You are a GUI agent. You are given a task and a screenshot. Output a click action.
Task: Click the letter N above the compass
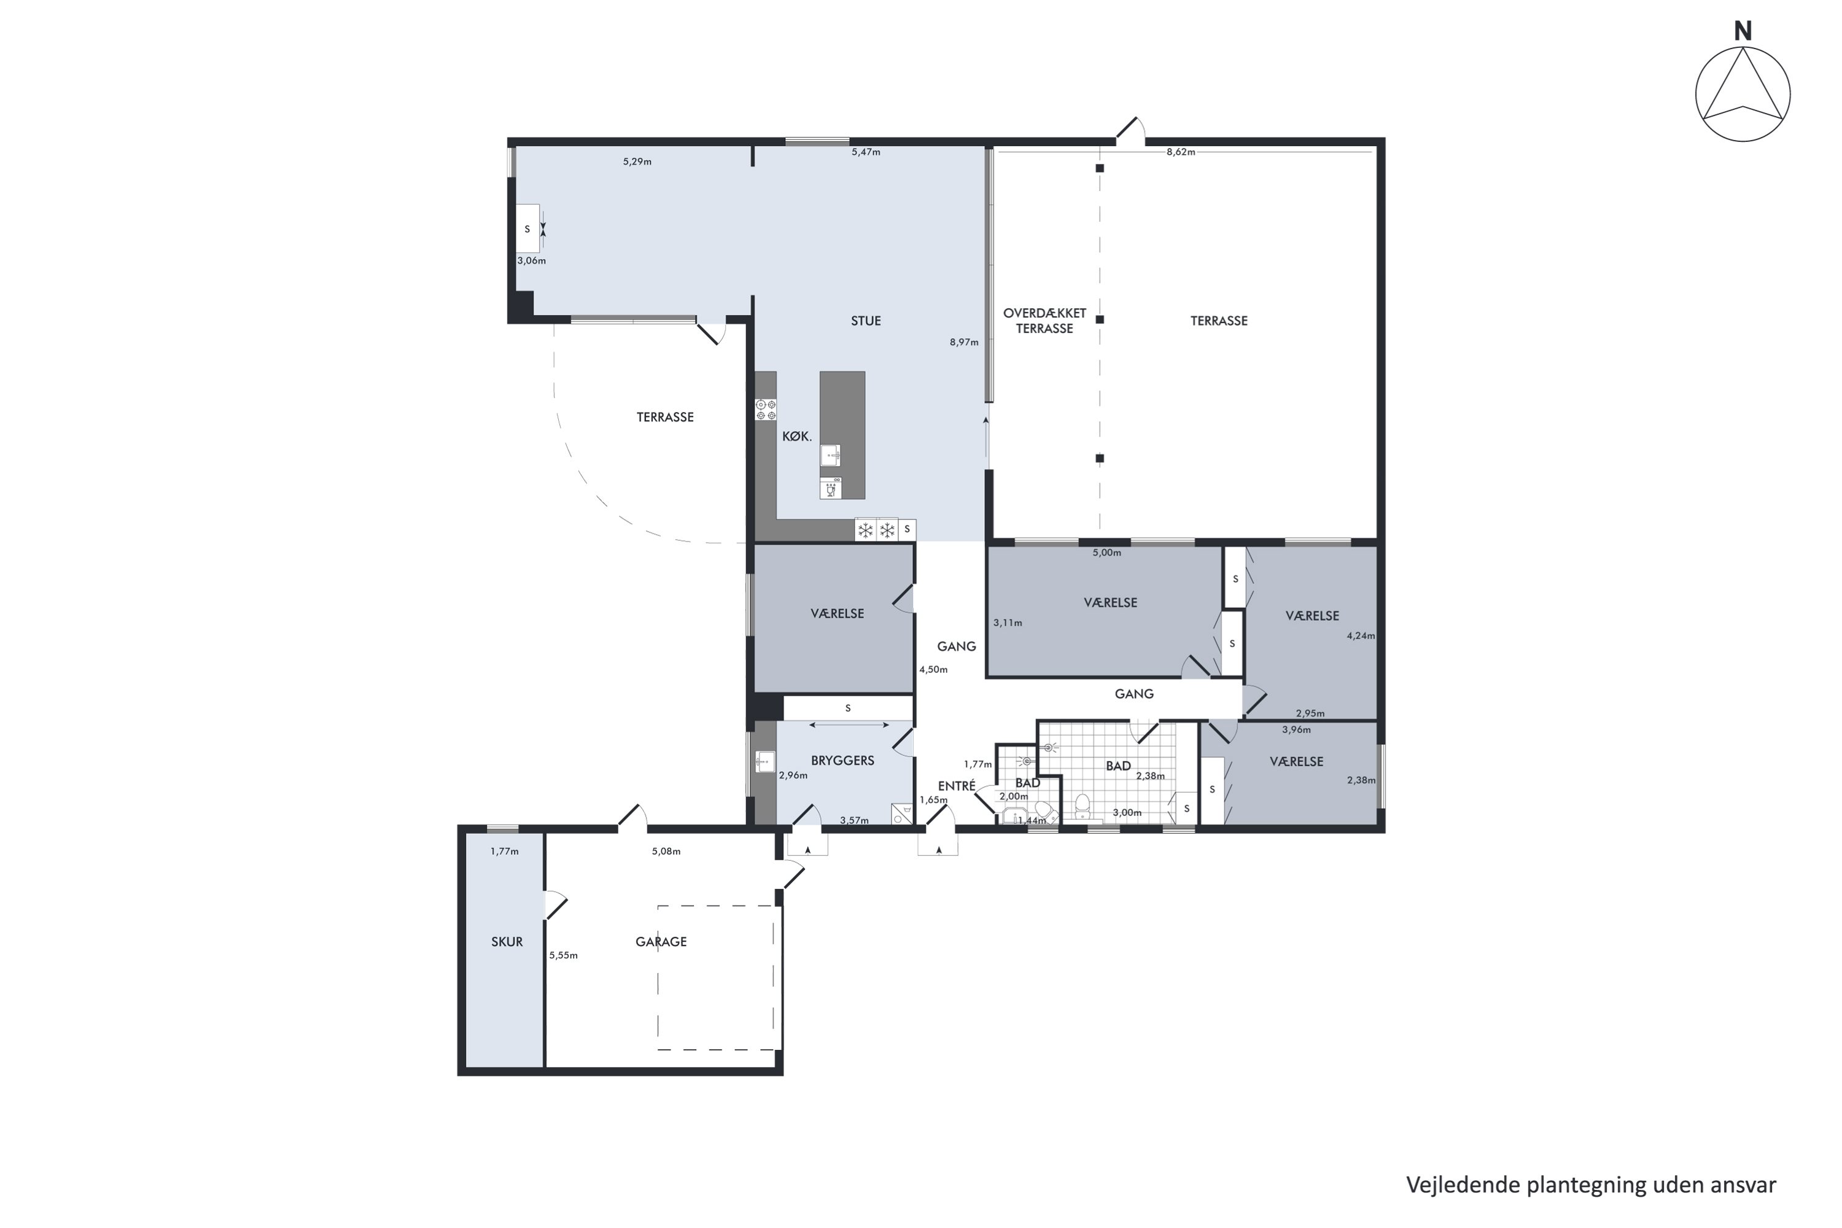pos(1743,31)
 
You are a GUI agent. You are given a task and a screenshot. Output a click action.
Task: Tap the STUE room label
pos(866,321)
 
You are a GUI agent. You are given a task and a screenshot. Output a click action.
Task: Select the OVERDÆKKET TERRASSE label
pos(1045,321)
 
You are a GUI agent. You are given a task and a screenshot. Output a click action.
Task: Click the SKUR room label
pos(507,942)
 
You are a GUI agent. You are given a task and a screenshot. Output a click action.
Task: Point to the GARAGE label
pos(661,942)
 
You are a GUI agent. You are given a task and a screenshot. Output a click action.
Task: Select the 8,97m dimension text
pos(964,342)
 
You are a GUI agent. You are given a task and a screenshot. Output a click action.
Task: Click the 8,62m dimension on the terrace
pos(1181,152)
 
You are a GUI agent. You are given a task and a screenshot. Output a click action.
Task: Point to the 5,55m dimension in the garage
pos(563,955)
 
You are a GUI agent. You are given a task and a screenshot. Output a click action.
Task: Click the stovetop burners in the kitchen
pos(765,410)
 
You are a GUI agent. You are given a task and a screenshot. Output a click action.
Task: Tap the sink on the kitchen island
pos(830,455)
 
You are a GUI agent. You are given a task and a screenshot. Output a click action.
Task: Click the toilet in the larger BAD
pos(1082,805)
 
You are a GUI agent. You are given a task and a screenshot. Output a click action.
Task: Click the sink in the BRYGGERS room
pos(765,761)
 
